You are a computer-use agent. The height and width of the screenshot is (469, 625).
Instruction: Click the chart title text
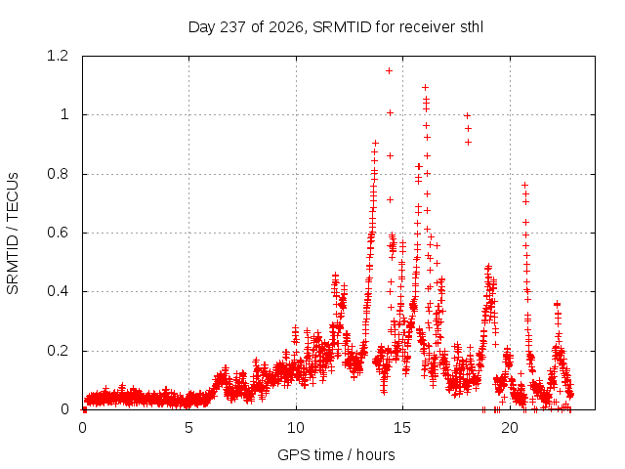pos(336,27)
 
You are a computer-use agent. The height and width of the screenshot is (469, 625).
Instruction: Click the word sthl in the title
pos(472,27)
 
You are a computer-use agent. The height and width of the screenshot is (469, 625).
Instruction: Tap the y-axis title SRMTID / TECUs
pos(13,234)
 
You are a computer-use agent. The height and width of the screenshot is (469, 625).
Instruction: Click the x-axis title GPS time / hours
pos(336,454)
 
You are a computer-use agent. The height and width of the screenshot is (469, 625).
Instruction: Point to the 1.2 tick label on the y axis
pos(58,56)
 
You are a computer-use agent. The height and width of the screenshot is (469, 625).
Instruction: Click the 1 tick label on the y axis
pos(64,115)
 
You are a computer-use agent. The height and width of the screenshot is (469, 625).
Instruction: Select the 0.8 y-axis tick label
pos(58,174)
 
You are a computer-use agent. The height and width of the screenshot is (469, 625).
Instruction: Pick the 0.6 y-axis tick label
pos(58,233)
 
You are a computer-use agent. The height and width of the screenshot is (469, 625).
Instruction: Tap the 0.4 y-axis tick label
pos(58,291)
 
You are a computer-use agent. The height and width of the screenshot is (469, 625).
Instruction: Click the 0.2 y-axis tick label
pos(58,351)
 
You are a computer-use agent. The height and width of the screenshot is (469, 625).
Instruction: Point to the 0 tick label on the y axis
pos(64,409)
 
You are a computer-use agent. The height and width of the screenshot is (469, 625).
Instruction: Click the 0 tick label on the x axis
pos(82,428)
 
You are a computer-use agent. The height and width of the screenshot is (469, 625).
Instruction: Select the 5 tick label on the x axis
pos(188,428)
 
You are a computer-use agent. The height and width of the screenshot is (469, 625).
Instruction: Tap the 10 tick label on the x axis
pos(296,428)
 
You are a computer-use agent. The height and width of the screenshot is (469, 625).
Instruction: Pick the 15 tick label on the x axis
pos(402,428)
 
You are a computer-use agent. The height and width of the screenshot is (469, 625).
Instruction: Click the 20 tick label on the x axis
pos(510,428)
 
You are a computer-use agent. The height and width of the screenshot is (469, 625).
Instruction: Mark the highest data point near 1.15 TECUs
pos(389,71)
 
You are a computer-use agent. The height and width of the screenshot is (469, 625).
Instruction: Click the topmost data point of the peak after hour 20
pos(525,185)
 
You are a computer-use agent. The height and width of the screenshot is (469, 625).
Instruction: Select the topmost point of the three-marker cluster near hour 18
pos(468,116)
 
